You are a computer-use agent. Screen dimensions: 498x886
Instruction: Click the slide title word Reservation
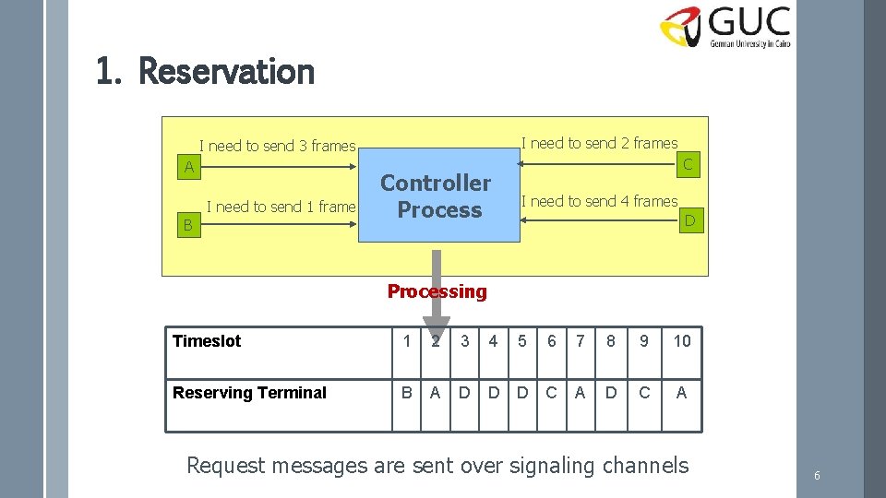(226, 71)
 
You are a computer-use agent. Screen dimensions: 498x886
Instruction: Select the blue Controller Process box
(438, 196)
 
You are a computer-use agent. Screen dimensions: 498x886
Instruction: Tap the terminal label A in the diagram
(188, 167)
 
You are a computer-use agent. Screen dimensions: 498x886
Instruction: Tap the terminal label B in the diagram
(187, 224)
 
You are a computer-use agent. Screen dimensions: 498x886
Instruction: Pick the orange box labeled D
(688, 219)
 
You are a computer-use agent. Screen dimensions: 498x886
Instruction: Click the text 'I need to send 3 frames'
(278, 146)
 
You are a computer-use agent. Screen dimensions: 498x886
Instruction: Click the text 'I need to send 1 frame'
(281, 207)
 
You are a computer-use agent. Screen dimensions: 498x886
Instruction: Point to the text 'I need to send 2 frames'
(599, 143)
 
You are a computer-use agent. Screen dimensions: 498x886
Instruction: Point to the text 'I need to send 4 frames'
(599, 201)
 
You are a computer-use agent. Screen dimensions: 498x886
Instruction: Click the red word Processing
(437, 291)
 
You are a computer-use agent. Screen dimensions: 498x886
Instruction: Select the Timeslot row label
(207, 341)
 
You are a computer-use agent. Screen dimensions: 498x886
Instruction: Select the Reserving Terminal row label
(249, 393)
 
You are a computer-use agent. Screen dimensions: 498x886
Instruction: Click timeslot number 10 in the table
(681, 341)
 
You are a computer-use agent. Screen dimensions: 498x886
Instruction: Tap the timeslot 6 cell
(551, 341)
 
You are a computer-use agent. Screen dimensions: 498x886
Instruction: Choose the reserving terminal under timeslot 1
(407, 393)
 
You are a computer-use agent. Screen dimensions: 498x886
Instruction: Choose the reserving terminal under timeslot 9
(643, 393)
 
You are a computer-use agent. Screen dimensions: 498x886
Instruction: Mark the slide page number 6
(817, 476)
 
